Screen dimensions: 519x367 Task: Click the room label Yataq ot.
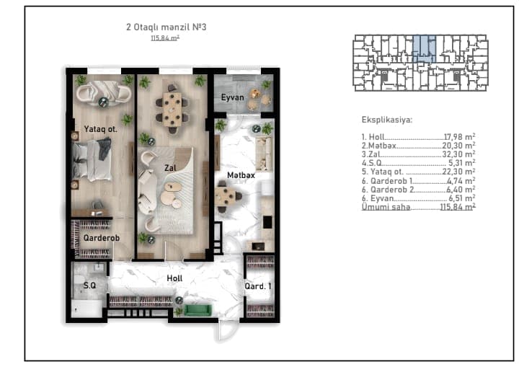pos(100,129)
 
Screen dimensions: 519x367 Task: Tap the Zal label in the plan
pos(170,168)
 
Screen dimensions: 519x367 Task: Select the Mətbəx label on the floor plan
pos(241,175)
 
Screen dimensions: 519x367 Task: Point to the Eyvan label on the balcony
pos(232,97)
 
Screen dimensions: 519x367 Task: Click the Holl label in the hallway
pos(174,278)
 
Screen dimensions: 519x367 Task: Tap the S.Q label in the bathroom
pos(89,286)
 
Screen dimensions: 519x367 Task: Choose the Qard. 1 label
pos(258,286)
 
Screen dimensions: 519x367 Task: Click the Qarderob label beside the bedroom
pos(102,238)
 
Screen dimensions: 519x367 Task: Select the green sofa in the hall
pos(198,310)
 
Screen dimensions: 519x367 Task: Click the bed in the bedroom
pos(92,160)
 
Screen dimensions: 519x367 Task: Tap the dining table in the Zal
pos(172,110)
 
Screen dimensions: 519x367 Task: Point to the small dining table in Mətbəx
pos(226,196)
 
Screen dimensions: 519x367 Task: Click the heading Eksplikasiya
pos(387,120)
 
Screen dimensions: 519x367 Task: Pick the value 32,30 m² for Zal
pos(458,154)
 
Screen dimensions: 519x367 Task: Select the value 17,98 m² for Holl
pos(459,136)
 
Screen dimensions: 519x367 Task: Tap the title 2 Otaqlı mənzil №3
pos(167,27)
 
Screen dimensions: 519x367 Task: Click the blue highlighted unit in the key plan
pos(425,49)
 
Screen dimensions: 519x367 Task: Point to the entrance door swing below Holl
pos(227,330)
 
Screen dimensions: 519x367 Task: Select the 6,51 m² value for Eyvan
pos(462,198)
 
